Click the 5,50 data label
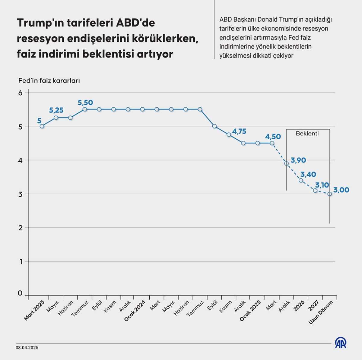(85, 103)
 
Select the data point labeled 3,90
(287, 163)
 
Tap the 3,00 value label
(341, 190)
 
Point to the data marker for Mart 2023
(42, 126)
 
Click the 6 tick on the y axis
(20, 93)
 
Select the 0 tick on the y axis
(20, 293)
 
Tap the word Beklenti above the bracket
(307, 133)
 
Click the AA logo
(341, 343)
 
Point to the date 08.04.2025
(27, 348)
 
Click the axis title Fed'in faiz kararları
(49, 81)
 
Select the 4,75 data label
(239, 131)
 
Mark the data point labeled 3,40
(301, 180)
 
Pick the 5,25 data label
(56, 110)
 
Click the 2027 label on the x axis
(314, 305)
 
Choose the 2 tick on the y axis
(20, 228)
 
